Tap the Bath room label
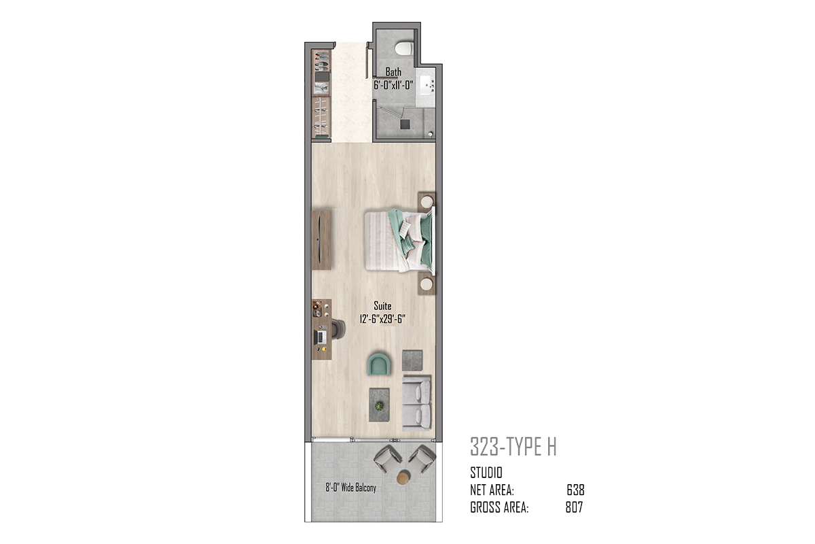click(393, 72)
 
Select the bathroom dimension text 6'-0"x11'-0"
click(394, 85)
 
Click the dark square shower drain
click(405, 124)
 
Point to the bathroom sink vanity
click(427, 87)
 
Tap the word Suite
click(382, 306)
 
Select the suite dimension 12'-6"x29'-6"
click(382, 319)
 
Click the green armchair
click(379, 363)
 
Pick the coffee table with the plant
click(379, 405)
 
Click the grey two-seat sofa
click(417, 403)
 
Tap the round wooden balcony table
click(403, 477)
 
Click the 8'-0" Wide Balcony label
click(350, 488)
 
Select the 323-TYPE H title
click(513, 447)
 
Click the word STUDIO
click(486, 473)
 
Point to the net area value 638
click(576, 490)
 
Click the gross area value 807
click(574, 507)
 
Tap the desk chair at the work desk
click(338, 329)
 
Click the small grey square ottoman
click(412, 360)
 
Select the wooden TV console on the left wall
click(321, 240)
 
